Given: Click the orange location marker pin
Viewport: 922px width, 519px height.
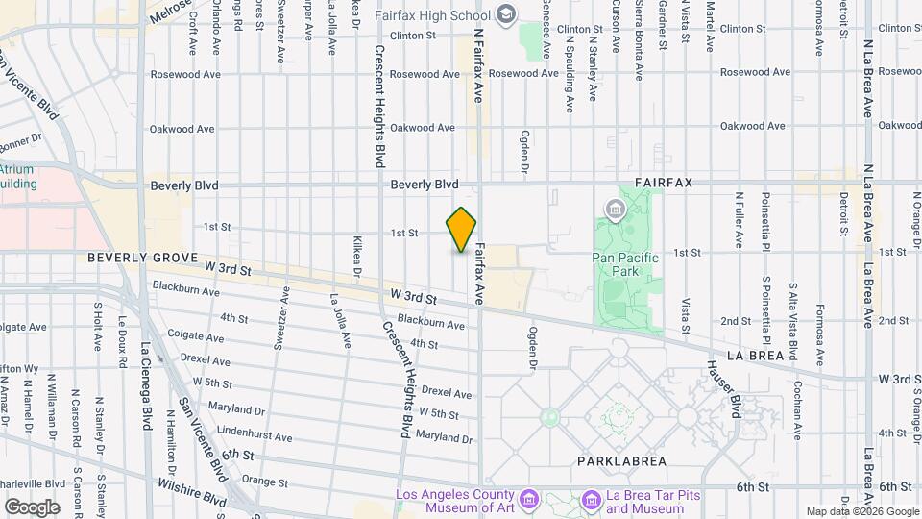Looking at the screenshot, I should tap(461, 230).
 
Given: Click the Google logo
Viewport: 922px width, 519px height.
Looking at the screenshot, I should tap(32, 506).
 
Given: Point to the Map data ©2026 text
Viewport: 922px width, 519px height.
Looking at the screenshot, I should tap(861, 511).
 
